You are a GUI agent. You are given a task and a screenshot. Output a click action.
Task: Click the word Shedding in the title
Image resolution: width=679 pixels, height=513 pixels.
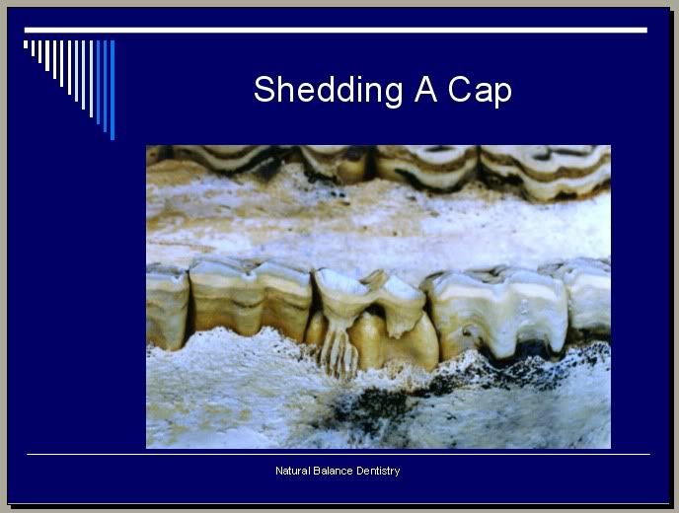click(x=328, y=91)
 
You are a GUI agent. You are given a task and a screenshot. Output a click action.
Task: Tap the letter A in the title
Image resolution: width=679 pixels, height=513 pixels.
click(x=425, y=89)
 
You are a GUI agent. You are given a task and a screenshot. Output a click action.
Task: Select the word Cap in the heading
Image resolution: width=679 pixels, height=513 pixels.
click(x=480, y=91)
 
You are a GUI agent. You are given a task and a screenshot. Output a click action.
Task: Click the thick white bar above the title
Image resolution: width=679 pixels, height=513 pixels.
click(x=336, y=30)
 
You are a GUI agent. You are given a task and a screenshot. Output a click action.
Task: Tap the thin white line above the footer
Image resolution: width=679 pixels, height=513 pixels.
click(x=339, y=454)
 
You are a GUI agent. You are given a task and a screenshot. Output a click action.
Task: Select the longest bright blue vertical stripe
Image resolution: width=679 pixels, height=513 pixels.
click(x=113, y=90)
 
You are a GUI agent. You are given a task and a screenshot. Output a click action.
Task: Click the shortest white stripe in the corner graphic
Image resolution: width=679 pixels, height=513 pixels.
click(x=26, y=44)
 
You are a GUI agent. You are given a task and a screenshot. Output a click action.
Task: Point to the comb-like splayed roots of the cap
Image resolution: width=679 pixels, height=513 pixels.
click(x=339, y=350)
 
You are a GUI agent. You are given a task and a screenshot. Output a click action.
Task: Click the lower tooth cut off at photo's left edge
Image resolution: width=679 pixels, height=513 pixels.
click(x=167, y=305)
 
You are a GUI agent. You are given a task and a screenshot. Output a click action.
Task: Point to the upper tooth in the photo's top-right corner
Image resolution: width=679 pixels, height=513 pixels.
click(x=546, y=171)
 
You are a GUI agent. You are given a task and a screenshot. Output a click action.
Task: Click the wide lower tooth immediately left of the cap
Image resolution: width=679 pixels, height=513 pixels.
click(x=251, y=299)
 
